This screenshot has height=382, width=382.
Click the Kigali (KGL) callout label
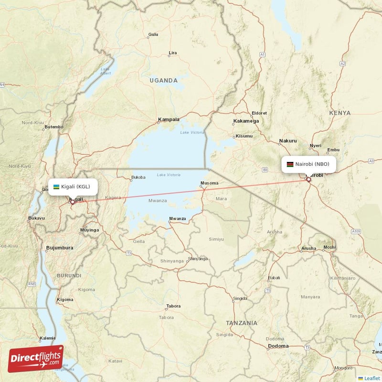coord(73,186)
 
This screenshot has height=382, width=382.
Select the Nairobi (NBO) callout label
coord(308,164)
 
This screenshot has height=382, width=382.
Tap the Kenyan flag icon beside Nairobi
coord(289,164)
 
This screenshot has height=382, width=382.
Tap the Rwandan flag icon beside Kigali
coord(56,186)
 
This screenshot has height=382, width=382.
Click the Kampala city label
coord(169,119)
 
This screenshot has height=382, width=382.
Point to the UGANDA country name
coord(163,81)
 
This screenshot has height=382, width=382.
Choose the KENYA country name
coord(340,113)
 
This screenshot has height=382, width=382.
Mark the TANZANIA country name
coord(242,323)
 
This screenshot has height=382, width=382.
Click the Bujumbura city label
coord(60,248)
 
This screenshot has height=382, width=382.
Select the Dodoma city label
coord(278,346)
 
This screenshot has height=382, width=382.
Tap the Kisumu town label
coord(244,136)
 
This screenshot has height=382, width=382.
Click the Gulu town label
coord(153,34)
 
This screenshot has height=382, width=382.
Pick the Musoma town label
coord(210,183)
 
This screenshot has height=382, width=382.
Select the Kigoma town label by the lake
coord(65,300)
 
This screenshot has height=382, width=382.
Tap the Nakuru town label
coord(288,141)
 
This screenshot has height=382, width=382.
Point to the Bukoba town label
coord(138,178)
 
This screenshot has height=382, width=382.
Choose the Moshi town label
coord(329,247)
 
